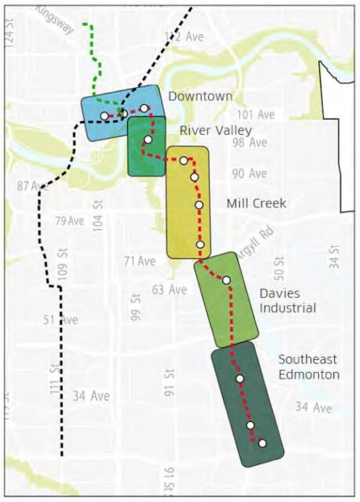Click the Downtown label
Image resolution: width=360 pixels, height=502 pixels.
pos(200,96)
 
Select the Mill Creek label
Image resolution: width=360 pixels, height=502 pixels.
pos(256,204)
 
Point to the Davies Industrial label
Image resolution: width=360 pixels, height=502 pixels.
pos(287,300)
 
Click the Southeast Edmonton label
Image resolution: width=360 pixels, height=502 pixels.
pos(309,366)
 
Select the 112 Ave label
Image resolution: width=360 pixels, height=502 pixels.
pos(184,37)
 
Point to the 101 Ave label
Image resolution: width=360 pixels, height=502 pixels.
pos(256,115)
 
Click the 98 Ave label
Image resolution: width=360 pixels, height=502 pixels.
pos(249,143)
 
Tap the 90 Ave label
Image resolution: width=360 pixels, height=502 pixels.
pos(249,173)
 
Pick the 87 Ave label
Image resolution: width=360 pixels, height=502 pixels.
pos(33,186)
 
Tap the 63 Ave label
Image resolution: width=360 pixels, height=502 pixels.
pos(169,289)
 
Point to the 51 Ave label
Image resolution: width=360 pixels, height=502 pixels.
pos(60,319)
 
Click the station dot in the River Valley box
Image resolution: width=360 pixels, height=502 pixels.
pos(148,140)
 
